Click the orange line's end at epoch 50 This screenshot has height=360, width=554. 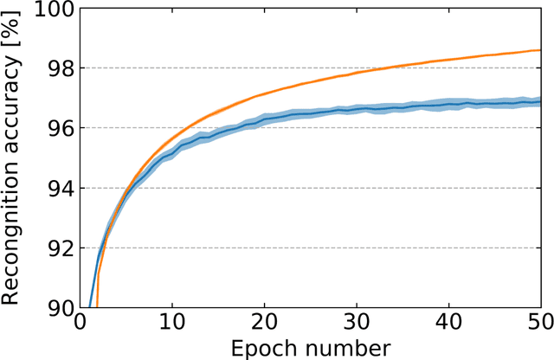(540, 50)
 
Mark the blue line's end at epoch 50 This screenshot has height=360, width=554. (540, 101)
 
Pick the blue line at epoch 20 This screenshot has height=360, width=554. (264, 119)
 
